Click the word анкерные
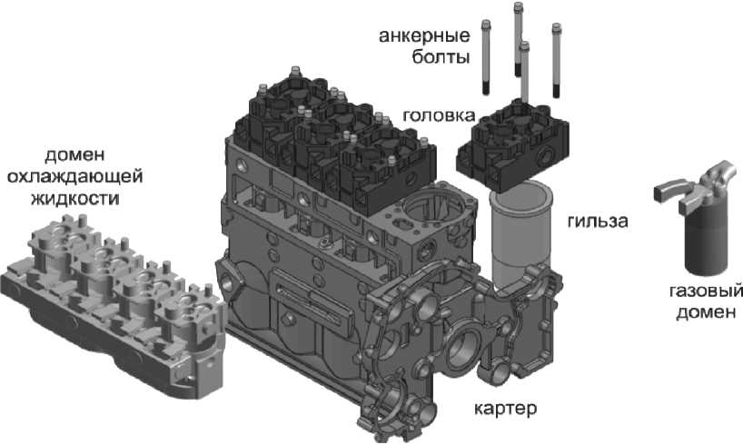(x=424, y=35)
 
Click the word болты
(x=441, y=57)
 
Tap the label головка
(x=439, y=115)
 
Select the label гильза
(x=598, y=221)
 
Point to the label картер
(x=506, y=408)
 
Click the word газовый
(x=705, y=291)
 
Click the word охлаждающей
(x=75, y=176)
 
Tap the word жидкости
(x=75, y=198)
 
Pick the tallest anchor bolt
(x=518, y=39)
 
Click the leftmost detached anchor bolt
(x=485, y=57)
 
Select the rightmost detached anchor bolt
(x=556, y=61)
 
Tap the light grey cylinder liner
(x=520, y=237)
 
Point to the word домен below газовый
(x=706, y=312)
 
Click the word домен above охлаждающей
(x=74, y=155)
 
